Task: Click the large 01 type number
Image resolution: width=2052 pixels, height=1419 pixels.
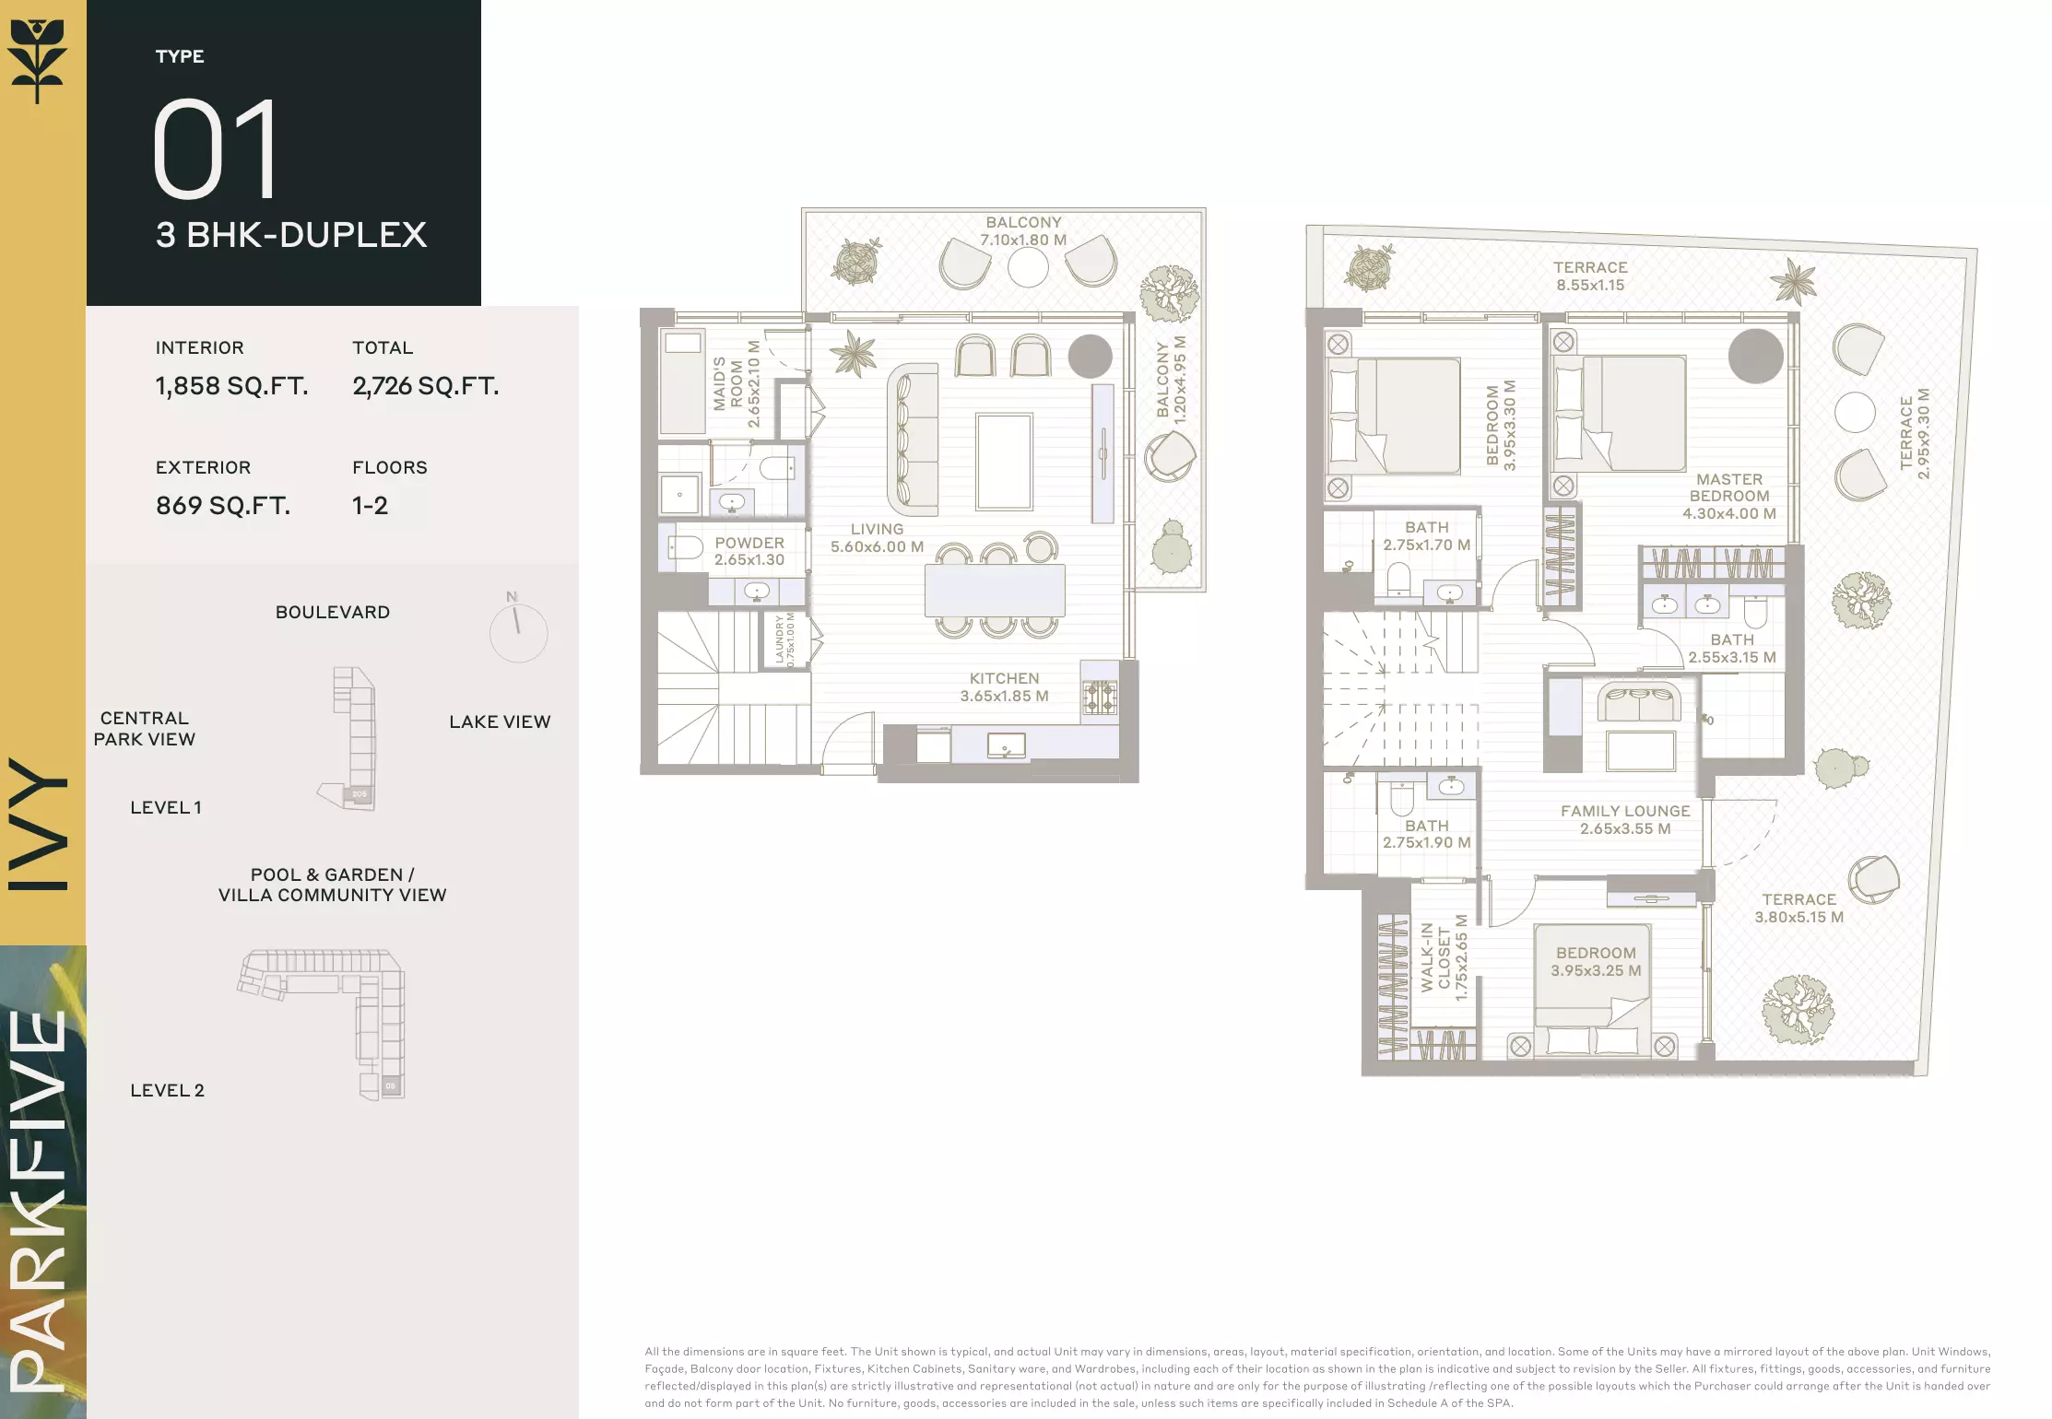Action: pyautogui.click(x=216, y=149)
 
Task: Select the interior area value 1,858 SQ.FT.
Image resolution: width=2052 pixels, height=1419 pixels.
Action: pyautogui.click(x=231, y=386)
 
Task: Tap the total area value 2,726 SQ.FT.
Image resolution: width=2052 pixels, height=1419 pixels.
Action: pyautogui.click(x=425, y=386)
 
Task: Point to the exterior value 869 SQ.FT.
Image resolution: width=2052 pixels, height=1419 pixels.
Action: pyautogui.click(x=223, y=506)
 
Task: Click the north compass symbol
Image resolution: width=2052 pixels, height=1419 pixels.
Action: pyautogui.click(x=518, y=627)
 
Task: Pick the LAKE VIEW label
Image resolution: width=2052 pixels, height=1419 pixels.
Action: pyautogui.click(x=500, y=722)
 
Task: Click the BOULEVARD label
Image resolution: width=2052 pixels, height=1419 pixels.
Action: pyautogui.click(x=333, y=613)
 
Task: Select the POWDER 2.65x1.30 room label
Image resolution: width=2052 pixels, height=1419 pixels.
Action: pyautogui.click(x=749, y=551)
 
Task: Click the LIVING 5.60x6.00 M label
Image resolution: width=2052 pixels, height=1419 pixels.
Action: pyautogui.click(x=877, y=538)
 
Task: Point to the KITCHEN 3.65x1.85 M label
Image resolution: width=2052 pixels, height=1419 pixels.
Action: pyautogui.click(x=1004, y=687)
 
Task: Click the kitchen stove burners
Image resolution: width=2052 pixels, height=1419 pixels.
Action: pyautogui.click(x=1099, y=698)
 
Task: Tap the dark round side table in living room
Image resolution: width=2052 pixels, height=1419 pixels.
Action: pyautogui.click(x=1091, y=356)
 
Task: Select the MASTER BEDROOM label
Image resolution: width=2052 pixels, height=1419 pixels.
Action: pyautogui.click(x=1729, y=497)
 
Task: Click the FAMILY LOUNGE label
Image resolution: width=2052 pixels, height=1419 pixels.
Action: pyautogui.click(x=1625, y=820)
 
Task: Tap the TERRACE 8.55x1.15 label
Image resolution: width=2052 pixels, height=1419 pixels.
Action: pyautogui.click(x=1590, y=276)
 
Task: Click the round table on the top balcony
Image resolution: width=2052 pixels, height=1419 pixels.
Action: pyautogui.click(x=1028, y=268)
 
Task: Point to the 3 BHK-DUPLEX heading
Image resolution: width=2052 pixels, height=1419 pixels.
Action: pyautogui.click(x=291, y=235)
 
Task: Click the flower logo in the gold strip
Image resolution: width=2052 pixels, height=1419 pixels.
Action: pyautogui.click(x=38, y=60)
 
